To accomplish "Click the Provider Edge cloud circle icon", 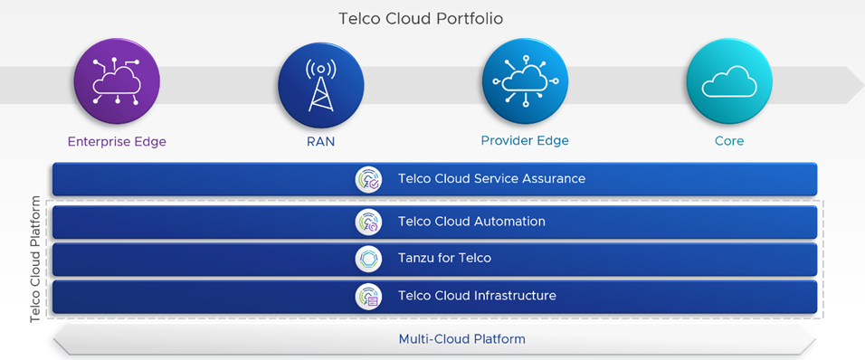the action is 525,81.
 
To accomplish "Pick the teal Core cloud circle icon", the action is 728,81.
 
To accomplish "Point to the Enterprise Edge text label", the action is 117,141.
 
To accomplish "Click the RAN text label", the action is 320,141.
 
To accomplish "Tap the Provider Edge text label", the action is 525,141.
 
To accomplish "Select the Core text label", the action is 728,141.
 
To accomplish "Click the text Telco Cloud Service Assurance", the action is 491,179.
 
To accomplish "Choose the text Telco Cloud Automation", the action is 471,222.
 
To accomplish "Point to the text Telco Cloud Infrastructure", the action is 477,296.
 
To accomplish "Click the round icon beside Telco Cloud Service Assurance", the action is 368,179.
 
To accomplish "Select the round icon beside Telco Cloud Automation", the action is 368,222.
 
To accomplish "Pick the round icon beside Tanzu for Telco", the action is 368,259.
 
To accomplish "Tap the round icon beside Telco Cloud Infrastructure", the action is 368,296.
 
